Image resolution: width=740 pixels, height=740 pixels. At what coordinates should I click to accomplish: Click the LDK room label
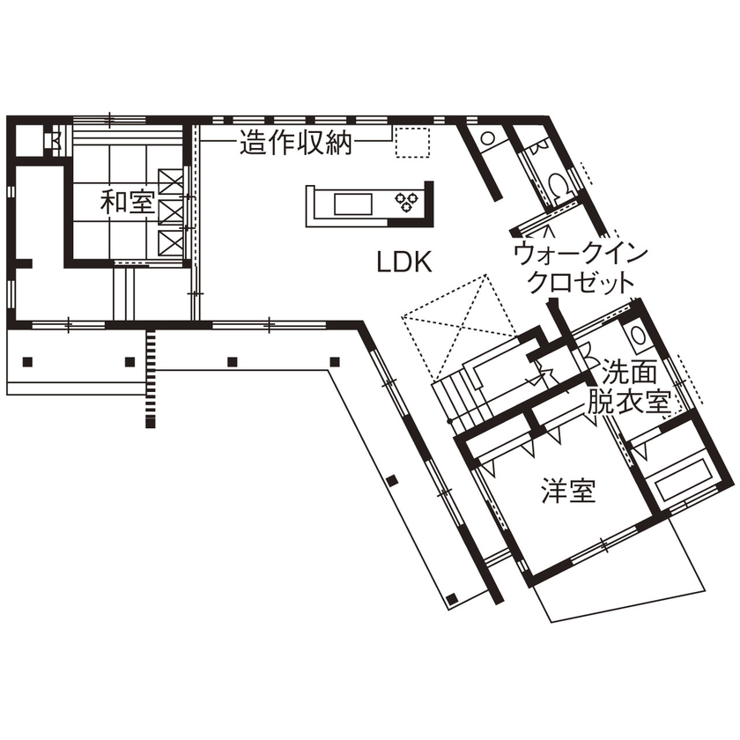pyautogui.click(x=403, y=261)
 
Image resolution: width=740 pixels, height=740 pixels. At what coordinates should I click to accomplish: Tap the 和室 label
pyautogui.click(x=127, y=203)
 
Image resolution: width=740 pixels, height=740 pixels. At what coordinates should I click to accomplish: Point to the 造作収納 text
pyautogui.click(x=295, y=143)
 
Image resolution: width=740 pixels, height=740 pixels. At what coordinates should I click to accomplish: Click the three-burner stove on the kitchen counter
pyautogui.click(x=408, y=203)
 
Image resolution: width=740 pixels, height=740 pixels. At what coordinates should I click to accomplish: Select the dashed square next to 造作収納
pyautogui.click(x=411, y=143)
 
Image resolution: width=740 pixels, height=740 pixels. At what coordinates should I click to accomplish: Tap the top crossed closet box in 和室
pyautogui.click(x=171, y=180)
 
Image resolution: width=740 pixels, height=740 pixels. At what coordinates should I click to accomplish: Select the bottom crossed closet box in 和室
pyautogui.click(x=171, y=240)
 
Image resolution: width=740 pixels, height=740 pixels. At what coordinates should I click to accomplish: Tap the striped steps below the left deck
pyautogui.click(x=152, y=378)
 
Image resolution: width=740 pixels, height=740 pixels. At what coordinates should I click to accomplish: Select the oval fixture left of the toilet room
pyautogui.click(x=487, y=138)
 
